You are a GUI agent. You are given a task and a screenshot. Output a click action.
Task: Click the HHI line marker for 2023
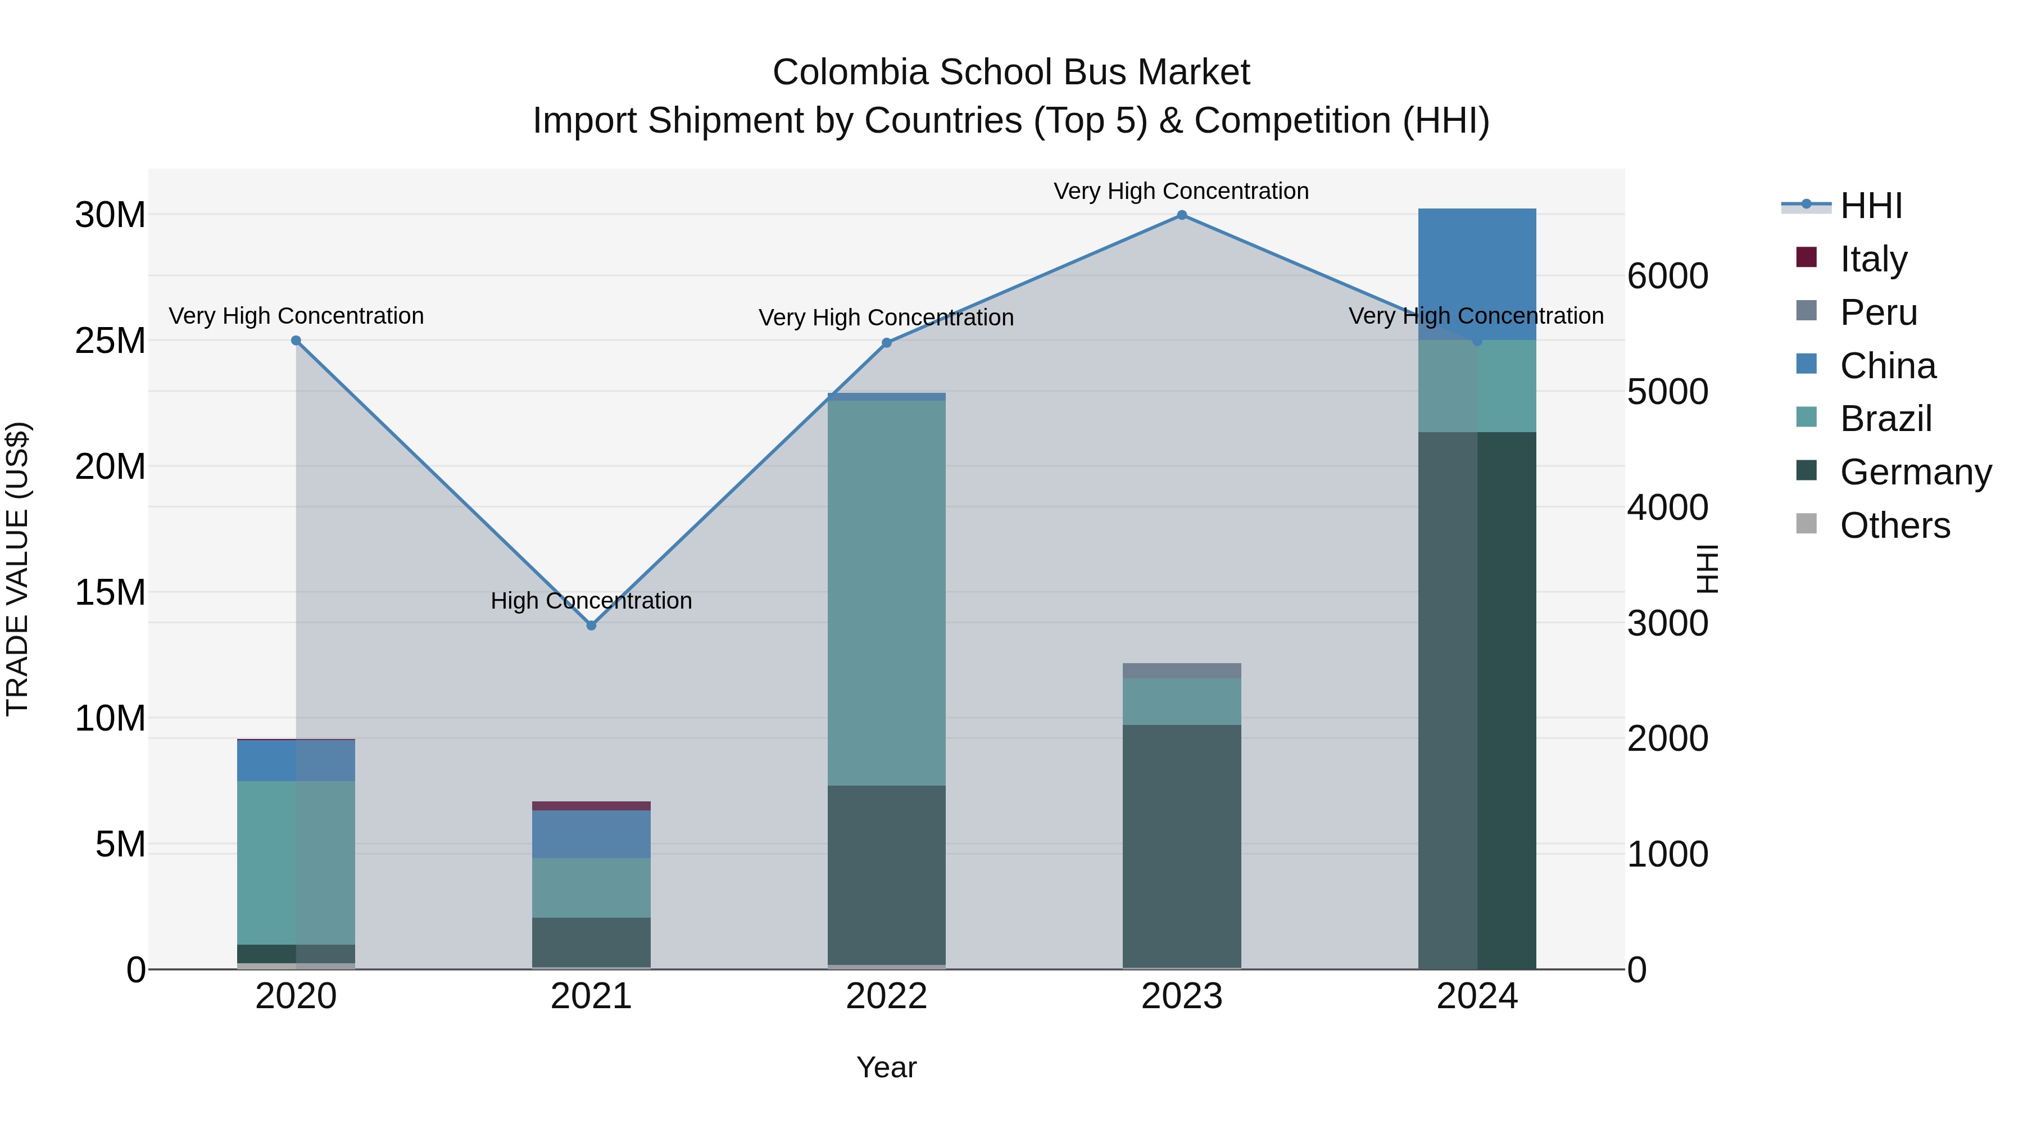point(1181,215)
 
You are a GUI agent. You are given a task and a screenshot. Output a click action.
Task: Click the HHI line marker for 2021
point(591,625)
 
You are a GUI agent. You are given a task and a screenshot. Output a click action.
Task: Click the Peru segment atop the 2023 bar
point(1181,670)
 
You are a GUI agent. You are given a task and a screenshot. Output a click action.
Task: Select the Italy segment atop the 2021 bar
point(591,806)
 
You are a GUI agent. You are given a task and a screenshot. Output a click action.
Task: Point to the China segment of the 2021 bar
point(591,834)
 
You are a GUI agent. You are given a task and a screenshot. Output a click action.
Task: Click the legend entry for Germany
point(1915,472)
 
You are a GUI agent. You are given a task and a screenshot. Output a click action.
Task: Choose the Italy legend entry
point(1872,259)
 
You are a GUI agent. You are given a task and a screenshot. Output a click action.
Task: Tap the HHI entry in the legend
point(1871,206)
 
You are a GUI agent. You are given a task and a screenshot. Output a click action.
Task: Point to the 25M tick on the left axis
point(110,341)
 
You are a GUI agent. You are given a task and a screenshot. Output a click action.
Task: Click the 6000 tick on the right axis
point(1667,276)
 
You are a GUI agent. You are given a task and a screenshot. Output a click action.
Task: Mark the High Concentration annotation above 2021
point(591,601)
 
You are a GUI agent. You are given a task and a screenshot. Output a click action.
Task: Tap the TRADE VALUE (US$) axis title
point(17,569)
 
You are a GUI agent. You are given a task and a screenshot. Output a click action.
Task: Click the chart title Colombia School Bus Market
point(1011,72)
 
